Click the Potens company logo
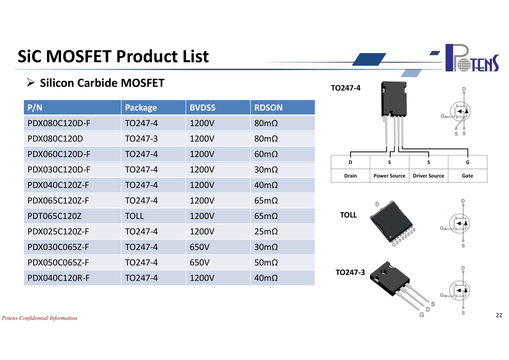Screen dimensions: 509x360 tap(472, 58)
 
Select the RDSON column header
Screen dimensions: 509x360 tap(268, 108)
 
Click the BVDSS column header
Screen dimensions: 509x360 tap(203, 108)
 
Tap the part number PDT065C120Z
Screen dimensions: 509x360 tap(54, 216)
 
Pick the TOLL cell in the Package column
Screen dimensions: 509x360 tap(134, 216)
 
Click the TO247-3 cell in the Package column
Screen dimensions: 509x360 tap(141, 139)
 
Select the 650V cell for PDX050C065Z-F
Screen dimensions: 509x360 tap(200, 262)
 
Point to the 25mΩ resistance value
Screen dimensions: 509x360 tap(266, 232)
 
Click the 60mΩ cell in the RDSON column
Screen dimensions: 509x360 tap(266, 155)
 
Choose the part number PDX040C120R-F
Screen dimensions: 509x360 tap(58, 278)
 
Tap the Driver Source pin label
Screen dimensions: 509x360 tap(429, 176)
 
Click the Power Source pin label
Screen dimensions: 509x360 tap(389, 176)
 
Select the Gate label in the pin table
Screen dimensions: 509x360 tap(467, 176)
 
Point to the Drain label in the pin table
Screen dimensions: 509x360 tap(350, 176)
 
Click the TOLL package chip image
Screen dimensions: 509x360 tap(392, 222)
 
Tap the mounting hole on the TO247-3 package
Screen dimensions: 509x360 tap(384, 272)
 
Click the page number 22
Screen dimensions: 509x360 tap(499, 315)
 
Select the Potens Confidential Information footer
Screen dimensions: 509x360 tap(40, 318)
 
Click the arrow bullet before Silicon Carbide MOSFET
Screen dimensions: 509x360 tap(31, 83)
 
